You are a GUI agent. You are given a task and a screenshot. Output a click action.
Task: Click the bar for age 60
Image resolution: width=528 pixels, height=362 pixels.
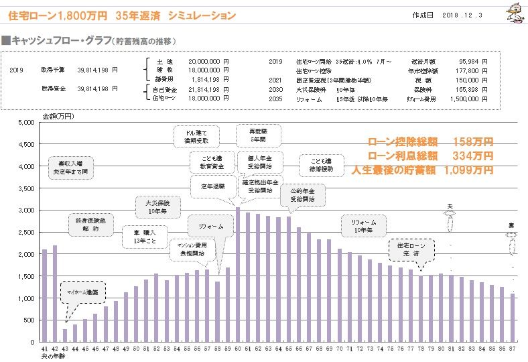coord(238,275)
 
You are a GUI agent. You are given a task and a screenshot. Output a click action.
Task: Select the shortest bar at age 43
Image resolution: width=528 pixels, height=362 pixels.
coord(65,335)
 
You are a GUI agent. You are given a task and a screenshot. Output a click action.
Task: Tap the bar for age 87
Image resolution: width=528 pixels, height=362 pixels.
coord(513,318)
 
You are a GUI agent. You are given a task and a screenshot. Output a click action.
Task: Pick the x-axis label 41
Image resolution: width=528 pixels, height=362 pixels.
coord(44,349)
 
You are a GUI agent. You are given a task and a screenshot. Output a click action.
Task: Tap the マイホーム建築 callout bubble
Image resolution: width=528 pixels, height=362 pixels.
coord(82,292)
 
